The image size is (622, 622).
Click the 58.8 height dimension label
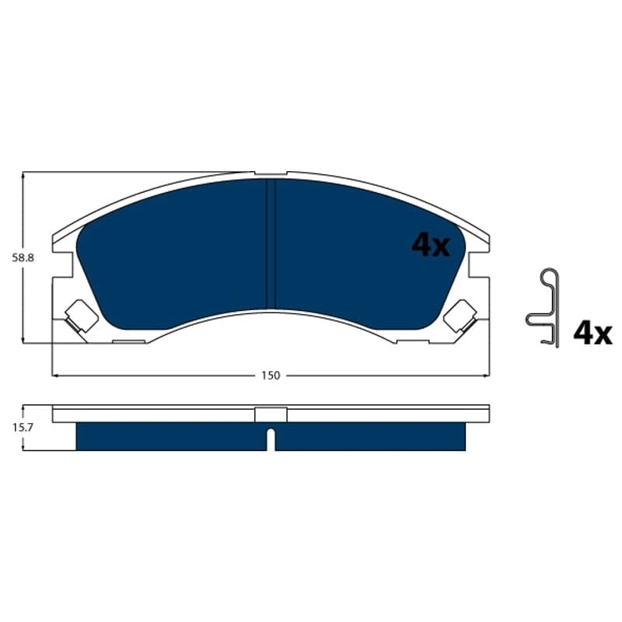tap(23, 258)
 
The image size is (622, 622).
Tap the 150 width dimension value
tap(271, 376)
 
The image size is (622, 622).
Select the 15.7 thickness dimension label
tap(23, 428)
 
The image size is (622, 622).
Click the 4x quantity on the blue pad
tap(431, 245)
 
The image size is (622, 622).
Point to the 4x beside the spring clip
tap(592, 334)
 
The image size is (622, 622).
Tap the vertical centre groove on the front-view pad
tap(271, 243)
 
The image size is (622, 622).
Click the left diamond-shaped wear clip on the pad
tap(81, 316)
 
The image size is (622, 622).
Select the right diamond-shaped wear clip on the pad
tap(460, 316)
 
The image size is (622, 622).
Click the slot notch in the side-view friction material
tap(271, 439)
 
